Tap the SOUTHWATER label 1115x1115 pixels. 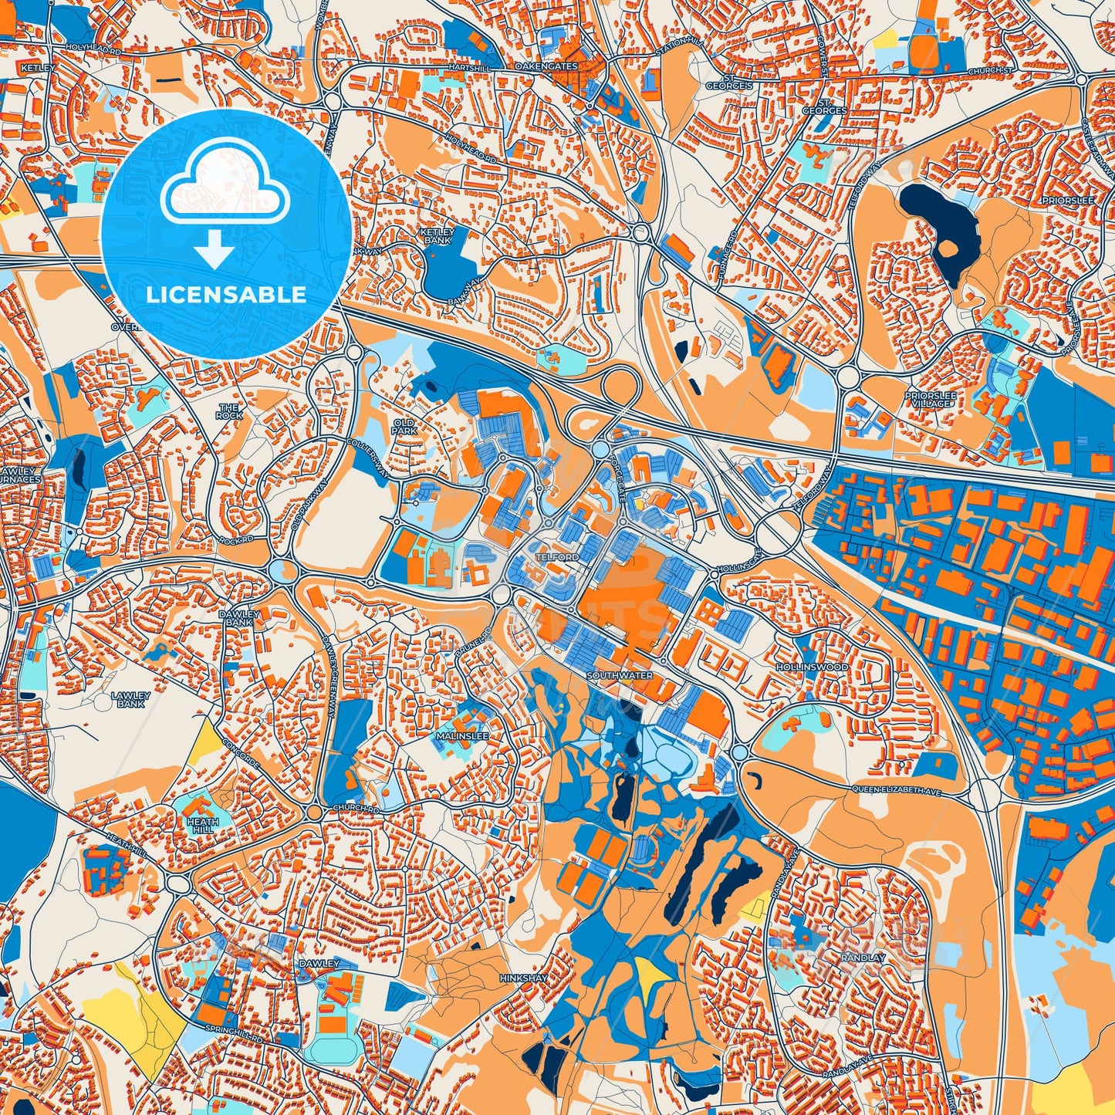pos(619,675)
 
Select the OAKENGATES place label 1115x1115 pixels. pos(546,67)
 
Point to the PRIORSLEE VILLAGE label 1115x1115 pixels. pos(931,400)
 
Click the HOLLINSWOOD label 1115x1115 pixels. pos(812,667)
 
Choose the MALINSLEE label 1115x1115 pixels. pos(462,736)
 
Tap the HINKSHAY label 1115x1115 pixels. pos(523,978)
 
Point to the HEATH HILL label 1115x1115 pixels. pos(203,826)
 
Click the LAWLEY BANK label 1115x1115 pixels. pos(130,699)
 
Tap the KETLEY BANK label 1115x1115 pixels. pos(438,235)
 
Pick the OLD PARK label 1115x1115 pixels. pos(404,427)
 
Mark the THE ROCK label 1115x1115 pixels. pos(229,411)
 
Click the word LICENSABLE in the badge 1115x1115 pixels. pos(225,294)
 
